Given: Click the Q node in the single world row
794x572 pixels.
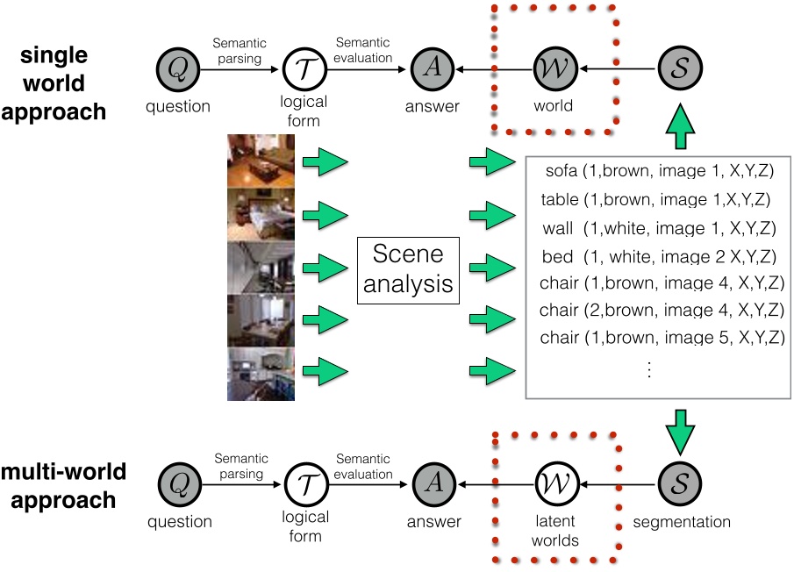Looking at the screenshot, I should (178, 69).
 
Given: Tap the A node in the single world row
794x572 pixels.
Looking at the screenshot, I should (432, 69).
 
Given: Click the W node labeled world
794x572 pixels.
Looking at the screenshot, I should (553, 69).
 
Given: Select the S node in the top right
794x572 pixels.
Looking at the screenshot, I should (681, 69).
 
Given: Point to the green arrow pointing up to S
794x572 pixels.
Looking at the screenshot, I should (681, 128).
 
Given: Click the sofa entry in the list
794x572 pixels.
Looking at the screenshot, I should (656, 170).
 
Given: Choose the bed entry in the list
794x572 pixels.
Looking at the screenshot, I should (656, 257).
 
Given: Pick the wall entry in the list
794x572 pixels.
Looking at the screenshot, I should (656, 228).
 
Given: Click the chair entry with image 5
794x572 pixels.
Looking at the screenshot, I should (660, 337).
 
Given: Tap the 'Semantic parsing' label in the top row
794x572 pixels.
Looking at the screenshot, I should (240, 49).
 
